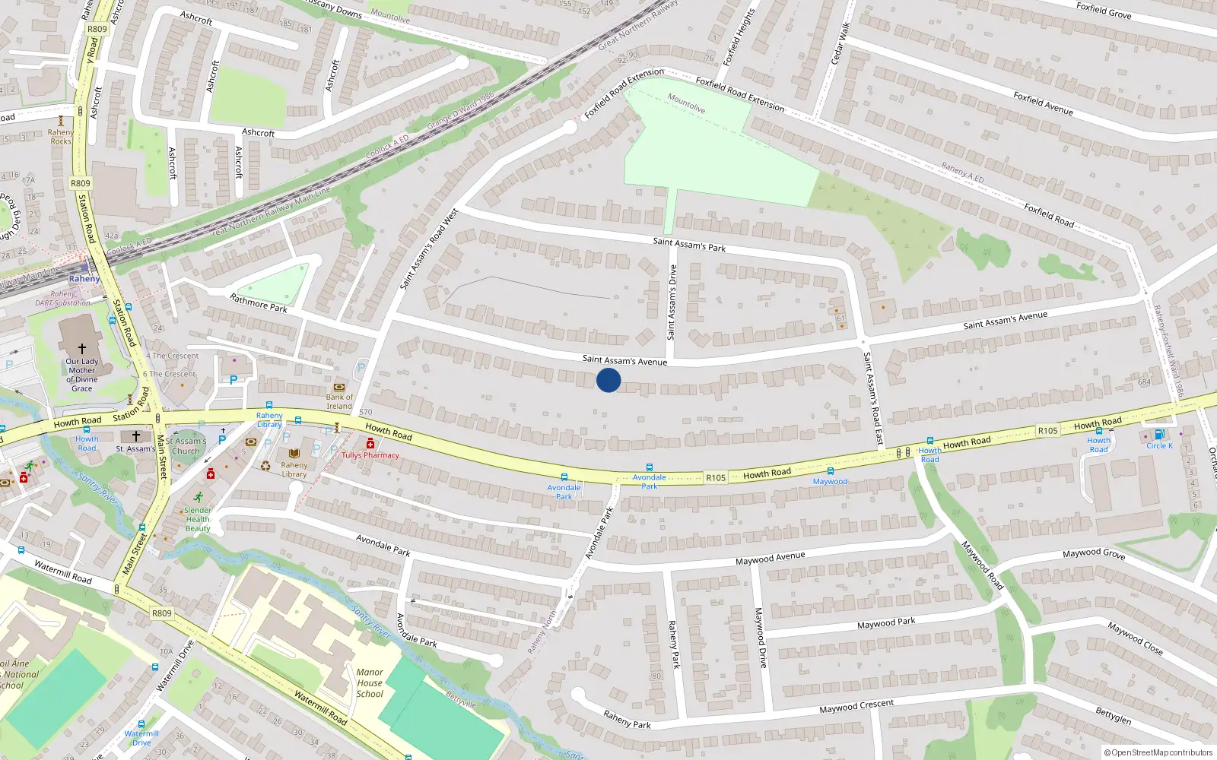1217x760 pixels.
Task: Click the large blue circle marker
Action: coord(608,380)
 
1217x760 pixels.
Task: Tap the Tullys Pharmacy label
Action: coord(370,455)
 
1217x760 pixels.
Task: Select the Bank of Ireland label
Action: coord(339,401)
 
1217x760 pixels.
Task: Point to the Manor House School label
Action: coord(370,682)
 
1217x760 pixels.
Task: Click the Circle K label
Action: coord(1159,445)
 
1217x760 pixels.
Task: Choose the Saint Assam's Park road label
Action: coord(689,245)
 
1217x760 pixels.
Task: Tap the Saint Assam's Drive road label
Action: coord(671,302)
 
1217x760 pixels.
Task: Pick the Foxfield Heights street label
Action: coord(738,36)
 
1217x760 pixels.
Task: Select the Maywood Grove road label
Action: coord(1093,553)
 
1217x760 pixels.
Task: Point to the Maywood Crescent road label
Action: coord(856,706)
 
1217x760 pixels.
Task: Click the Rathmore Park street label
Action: coord(259,302)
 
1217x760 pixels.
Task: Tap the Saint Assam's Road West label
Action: coord(429,249)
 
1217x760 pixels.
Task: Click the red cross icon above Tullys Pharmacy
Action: coord(370,444)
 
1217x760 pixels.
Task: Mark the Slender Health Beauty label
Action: coord(198,519)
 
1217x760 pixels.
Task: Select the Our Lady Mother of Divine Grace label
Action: coord(82,375)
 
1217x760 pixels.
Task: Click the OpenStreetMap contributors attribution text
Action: coord(1158,752)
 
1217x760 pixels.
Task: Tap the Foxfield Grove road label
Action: coord(1104,11)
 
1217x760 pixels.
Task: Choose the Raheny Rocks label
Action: coord(61,137)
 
